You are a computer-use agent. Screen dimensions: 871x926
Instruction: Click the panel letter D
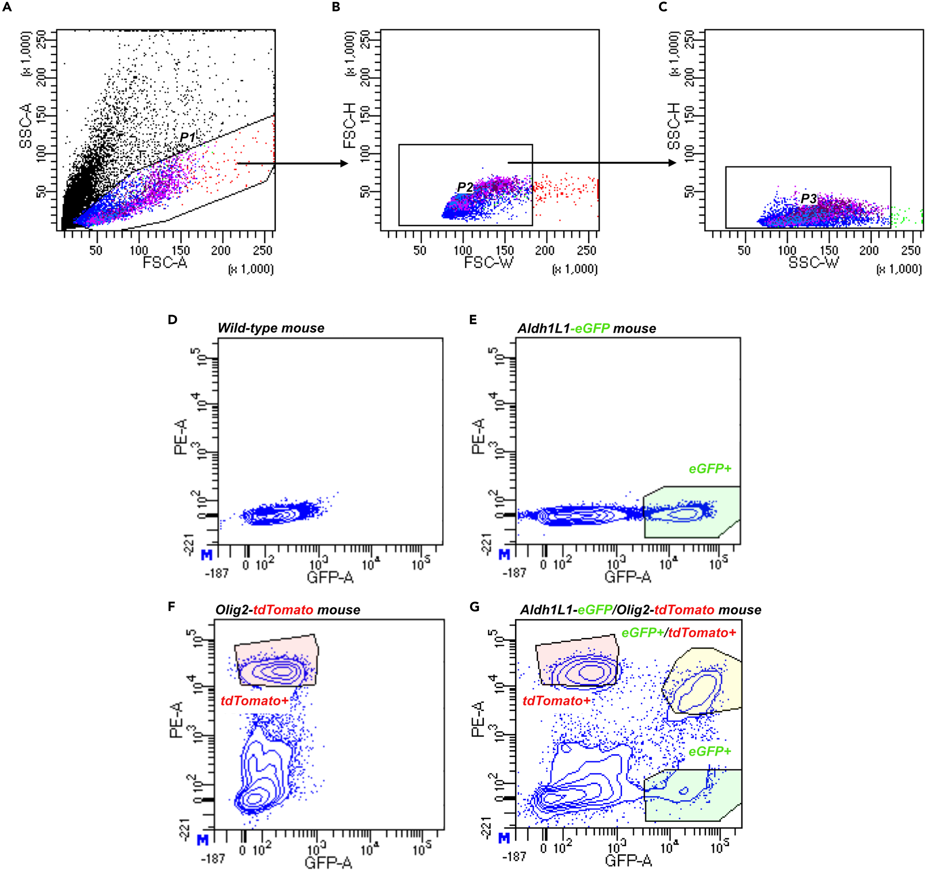coord(172,320)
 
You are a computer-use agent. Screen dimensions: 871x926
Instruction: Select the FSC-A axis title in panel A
coord(165,263)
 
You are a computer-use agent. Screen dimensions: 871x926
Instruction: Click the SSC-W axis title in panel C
coord(813,263)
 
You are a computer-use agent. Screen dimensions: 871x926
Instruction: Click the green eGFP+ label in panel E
coord(710,469)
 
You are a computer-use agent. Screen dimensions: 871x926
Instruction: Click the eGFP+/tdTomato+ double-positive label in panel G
coord(679,633)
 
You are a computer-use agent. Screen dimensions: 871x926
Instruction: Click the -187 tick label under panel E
coord(514,573)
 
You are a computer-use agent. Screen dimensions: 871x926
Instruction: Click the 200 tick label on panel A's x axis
coord(221,251)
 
